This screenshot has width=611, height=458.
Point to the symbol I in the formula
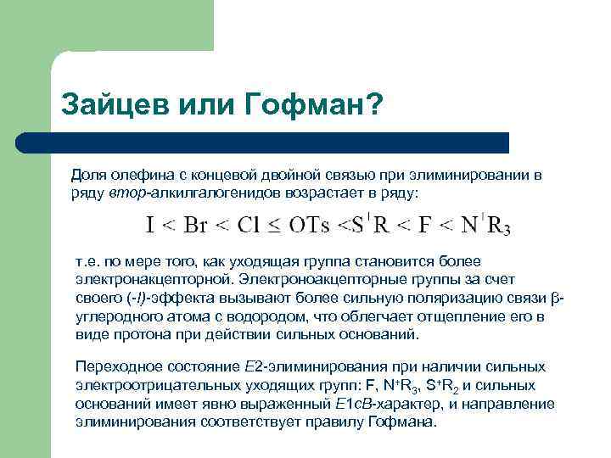click(149, 225)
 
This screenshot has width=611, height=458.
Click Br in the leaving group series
click(196, 225)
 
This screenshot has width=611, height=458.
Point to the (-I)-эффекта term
click(158, 298)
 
